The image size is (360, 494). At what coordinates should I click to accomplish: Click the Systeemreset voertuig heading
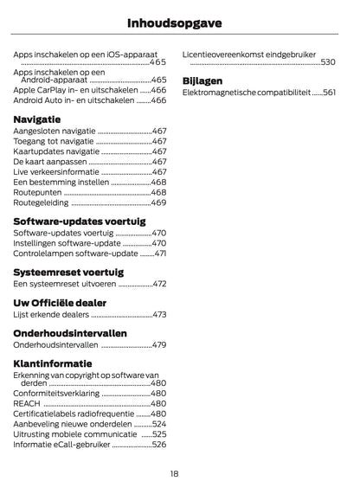(68, 272)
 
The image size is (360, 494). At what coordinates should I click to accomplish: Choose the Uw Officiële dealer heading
(60, 303)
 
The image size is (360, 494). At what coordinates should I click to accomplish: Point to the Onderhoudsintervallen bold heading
(70, 333)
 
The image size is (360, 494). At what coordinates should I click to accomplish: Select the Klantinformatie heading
(53, 363)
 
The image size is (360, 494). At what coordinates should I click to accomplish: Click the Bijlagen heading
(202, 80)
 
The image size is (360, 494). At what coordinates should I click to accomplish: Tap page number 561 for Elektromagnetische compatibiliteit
(329, 93)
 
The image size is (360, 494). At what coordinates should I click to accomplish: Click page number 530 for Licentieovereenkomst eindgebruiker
(328, 62)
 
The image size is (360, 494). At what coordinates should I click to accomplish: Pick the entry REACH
(27, 403)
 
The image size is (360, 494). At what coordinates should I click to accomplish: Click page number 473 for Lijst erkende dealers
(159, 315)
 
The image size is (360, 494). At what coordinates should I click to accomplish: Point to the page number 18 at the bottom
(174, 473)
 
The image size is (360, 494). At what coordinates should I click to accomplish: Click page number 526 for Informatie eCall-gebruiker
(159, 445)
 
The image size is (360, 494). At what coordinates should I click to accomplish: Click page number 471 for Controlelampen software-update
(161, 253)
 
